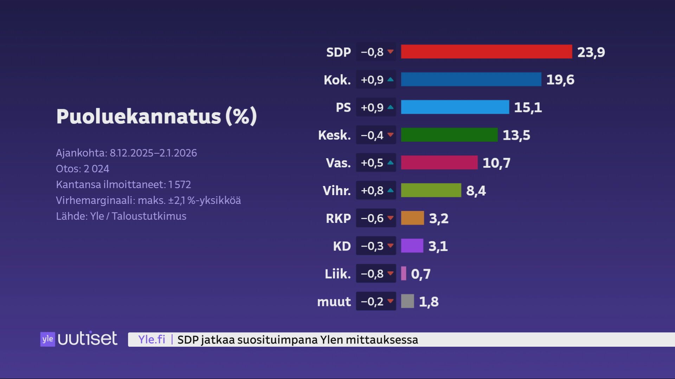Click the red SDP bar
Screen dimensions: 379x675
[x=486, y=52]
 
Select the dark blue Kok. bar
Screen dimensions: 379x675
[x=471, y=79]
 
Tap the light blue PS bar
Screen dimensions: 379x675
[x=455, y=107]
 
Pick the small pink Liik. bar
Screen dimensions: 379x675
[x=404, y=273]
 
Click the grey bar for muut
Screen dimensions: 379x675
[x=407, y=301]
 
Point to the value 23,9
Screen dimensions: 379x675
[x=591, y=52]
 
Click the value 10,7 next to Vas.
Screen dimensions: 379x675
[x=496, y=163]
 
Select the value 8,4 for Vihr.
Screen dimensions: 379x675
[x=476, y=191]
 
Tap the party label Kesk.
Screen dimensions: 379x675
[x=334, y=135]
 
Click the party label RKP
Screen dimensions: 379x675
[x=338, y=218]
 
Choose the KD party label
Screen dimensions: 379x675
[x=342, y=246]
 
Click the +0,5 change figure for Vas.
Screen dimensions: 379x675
[x=372, y=163]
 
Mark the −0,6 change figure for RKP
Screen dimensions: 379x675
[x=372, y=218]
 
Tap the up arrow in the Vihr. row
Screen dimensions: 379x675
[x=390, y=190]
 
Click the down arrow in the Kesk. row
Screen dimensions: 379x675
[x=390, y=135]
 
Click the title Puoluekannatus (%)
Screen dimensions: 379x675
[x=156, y=116]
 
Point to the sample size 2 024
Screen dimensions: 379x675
[x=96, y=169]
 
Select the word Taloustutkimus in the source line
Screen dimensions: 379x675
[x=149, y=216]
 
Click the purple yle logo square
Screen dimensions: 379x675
[x=47, y=339]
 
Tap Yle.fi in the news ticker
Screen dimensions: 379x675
[x=152, y=339]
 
